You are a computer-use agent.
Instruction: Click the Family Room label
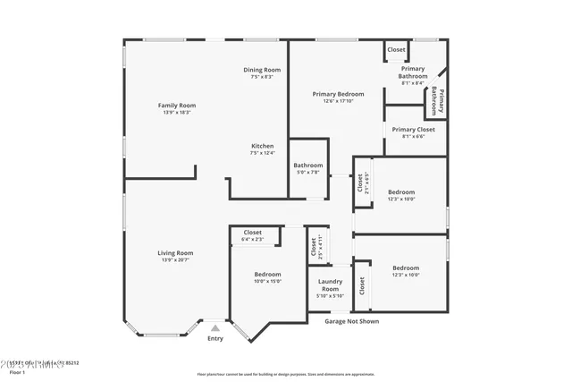pyautogui.click(x=176, y=106)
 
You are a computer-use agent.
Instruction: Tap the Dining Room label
pyautogui.click(x=262, y=70)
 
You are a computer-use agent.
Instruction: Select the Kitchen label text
pyautogui.click(x=262, y=146)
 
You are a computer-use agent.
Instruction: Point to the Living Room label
pyautogui.click(x=176, y=253)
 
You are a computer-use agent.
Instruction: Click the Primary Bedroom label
pyautogui.click(x=338, y=94)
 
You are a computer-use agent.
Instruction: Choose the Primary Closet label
pyautogui.click(x=414, y=130)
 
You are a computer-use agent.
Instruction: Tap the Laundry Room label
pyautogui.click(x=330, y=285)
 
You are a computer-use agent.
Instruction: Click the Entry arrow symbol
pyautogui.click(x=214, y=328)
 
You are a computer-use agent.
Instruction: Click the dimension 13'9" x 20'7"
pyautogui.click(x=176, y=261)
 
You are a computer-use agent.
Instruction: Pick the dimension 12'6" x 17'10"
pyautogui.click(x=338, y=101)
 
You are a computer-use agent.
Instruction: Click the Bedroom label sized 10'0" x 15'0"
pyautogui.click(x=267, y=274)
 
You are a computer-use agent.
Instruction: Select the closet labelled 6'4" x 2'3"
pyautogui.click(x=252, y=239)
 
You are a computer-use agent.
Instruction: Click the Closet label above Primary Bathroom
pyautogui.click(x=396, y=50)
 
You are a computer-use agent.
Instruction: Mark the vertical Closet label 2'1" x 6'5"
pyautogui.click(x=361, y=183)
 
